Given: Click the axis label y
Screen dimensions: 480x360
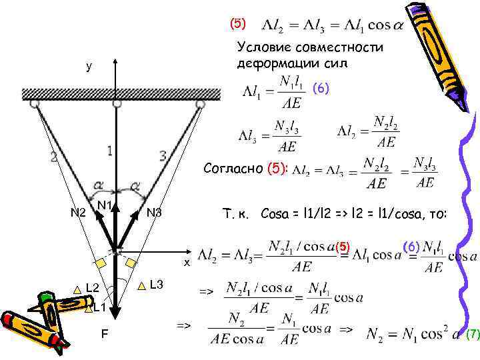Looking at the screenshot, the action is click(89, 67).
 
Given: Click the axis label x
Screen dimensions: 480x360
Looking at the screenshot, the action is click(187, 262).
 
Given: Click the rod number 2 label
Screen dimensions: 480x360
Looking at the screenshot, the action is click(54, 158).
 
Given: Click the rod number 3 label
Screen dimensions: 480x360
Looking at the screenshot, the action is click(162, 156).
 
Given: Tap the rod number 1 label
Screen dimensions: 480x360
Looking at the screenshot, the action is click(109, 151).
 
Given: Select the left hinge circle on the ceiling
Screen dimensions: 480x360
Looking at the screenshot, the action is click(34, 104).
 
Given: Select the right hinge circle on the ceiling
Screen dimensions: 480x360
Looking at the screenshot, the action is click(200, 104).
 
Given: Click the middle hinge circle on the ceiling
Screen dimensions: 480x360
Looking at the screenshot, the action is click(117, 104).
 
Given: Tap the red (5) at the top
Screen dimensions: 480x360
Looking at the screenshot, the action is click(238, 23).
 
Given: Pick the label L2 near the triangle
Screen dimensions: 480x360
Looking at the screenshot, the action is click(93, 289).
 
